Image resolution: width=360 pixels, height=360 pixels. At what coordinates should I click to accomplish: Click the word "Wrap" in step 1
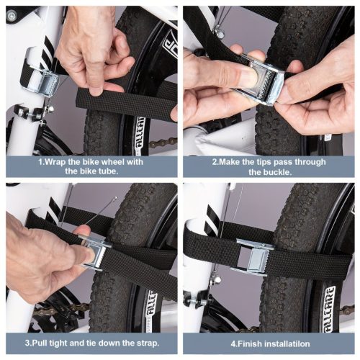pyautogui.click(x=55, y=162)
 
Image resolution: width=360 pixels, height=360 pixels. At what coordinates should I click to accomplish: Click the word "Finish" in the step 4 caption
pyautogui.click(x=249, y=343)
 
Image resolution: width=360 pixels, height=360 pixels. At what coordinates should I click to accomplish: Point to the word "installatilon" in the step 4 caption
pyautogui.click(x=287, y=343)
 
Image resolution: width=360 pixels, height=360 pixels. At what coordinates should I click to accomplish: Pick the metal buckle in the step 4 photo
pyautogui.click(x=254, y=257)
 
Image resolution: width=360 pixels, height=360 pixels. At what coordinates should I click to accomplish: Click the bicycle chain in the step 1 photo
pyautogui.click(x=163, y=143)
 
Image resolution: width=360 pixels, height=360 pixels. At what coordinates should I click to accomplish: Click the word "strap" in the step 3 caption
pyautogui.click(x=147, y=343)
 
